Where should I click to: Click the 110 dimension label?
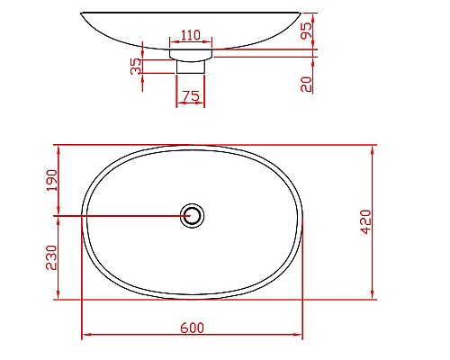[x=190, y=36]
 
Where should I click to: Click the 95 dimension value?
[x=306, y=29]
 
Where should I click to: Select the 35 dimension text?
[x=137, y=67]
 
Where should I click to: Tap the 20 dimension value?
[x=306, y=84]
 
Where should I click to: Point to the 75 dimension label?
[x=190, y=94]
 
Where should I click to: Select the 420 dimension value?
[x=365, y=221]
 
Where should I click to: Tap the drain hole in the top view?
[x=192, y=216]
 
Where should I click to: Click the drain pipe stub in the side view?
[x=191, y=66]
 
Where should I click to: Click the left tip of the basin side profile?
[x=82, y=13]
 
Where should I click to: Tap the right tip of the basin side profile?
[x=300, y=13]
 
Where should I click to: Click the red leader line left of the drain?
[x=117, y=216]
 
